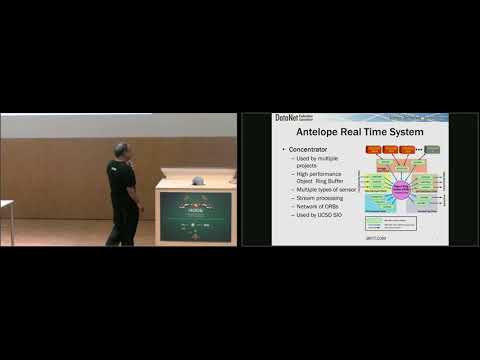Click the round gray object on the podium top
tap(198, 181)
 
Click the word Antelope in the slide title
tap(308, 133)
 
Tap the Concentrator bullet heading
tap(309, 150)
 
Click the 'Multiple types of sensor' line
tap(322, 187)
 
